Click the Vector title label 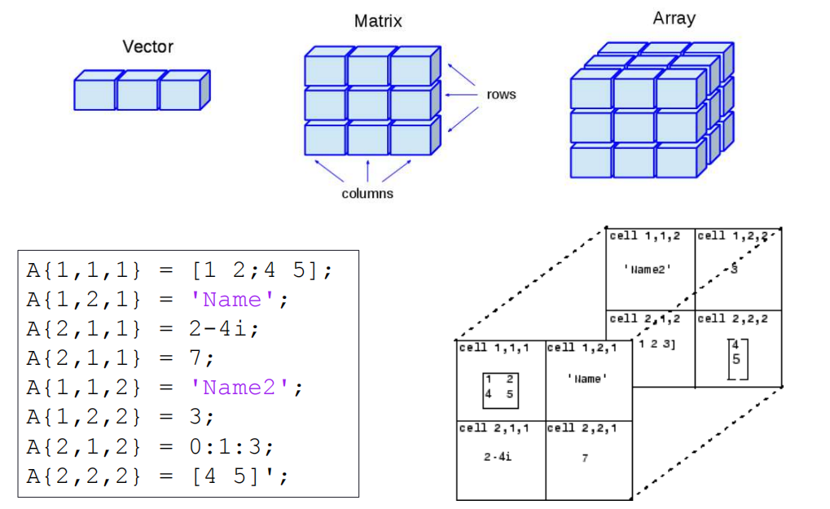point(147,46)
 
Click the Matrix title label point(378,21)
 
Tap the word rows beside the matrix point(501,94)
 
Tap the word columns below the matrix point(367,193)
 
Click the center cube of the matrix point(368,103)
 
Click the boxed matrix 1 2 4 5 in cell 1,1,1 point(499,388)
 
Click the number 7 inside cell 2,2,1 point(585,458)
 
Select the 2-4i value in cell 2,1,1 point(497,458)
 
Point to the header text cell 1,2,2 point(732,236)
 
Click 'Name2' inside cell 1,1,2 point(648,270)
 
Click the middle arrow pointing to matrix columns point(368,170)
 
